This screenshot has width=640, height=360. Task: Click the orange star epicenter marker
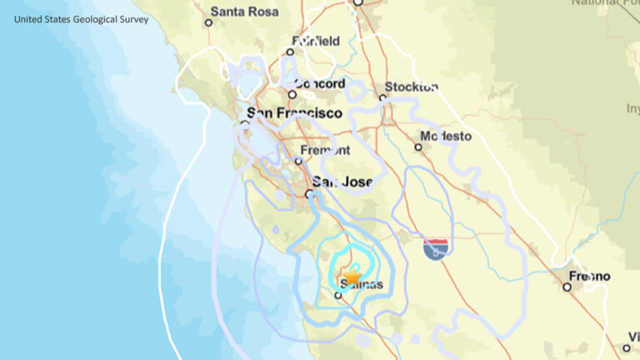tap(352, 276)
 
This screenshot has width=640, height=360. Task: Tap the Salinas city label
tap(362, 285)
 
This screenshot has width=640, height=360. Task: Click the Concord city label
tap(320, 84)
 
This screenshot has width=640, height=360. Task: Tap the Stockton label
tap(412, 87)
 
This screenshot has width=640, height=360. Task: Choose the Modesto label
tap(446, 136)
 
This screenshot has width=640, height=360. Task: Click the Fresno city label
tap(590, 276)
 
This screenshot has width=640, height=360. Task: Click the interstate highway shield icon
tap(436, 247)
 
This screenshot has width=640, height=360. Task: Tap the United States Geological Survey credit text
tap(81, 18)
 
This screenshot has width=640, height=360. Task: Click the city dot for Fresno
tap(567, 287)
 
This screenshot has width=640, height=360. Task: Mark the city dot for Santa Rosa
tap(209, 22)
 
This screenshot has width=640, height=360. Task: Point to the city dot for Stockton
tap(383, 97)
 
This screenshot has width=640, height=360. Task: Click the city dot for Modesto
tap(418, 147)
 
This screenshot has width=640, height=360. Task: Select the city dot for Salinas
tap(338, 295)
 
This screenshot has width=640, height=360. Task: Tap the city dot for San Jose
tap(309, 193)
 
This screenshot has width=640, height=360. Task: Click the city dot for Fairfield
tap(290, 52)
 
